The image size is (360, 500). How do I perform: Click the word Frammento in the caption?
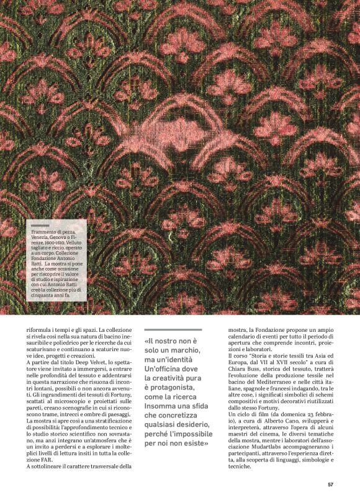(45, 232)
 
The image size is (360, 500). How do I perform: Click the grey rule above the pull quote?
(173, 329)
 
